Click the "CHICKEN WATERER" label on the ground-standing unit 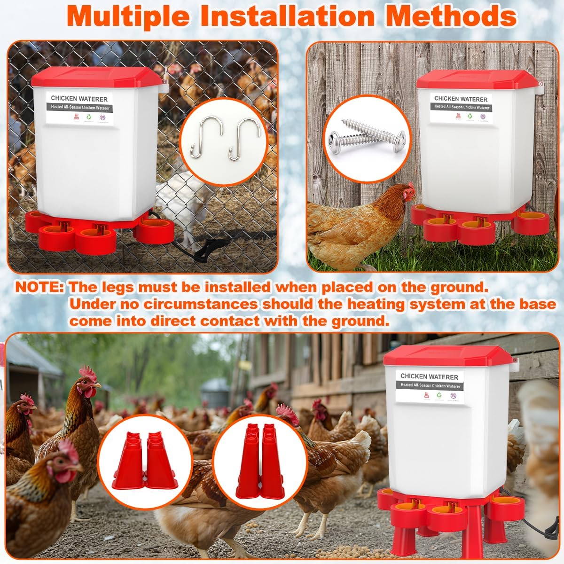[x=429, y=376]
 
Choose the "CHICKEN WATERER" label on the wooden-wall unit [x=461, y=99]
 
